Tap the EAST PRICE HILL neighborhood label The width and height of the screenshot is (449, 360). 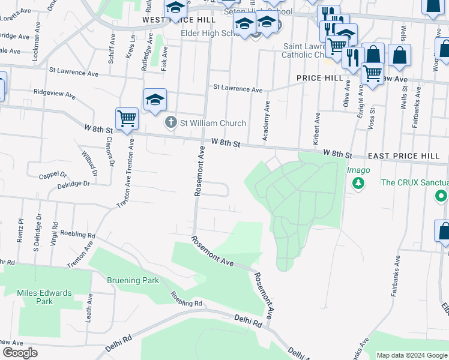[403, 156]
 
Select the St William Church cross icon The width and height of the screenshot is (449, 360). [170, 123]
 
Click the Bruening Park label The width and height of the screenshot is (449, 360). [133, 280]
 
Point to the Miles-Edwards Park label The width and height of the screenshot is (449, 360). [44, 297]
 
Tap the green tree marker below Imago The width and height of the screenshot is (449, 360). [358, 183]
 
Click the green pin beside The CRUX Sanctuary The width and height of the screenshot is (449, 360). [442, 196]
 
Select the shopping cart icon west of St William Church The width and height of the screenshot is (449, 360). [127, 118]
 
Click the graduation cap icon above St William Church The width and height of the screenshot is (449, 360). [154, 100]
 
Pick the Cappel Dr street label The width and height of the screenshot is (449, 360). [53, 175]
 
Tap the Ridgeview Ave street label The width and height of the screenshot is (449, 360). [55, 94]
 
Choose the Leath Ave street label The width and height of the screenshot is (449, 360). [88, 308]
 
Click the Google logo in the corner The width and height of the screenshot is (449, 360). [20, 353]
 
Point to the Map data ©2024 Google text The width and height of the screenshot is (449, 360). [412, 355]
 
